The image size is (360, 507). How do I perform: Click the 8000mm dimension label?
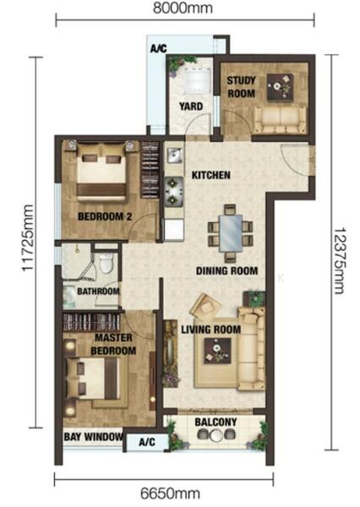183,8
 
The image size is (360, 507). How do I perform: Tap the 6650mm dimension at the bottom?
170,493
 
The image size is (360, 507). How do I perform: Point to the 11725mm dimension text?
27,237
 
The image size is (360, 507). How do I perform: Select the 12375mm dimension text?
340,260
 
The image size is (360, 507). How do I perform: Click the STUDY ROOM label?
241,87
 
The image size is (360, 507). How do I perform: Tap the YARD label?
191,106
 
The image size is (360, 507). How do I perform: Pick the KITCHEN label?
211,175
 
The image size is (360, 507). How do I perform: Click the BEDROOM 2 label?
105,216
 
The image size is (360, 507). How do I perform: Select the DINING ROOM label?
226,270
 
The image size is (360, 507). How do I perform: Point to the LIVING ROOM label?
211,330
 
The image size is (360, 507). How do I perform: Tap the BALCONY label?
215,422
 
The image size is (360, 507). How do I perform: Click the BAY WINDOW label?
94,437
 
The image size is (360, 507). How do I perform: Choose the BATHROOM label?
98,292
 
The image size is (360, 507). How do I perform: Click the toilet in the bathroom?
106,263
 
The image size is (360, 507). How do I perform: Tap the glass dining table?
231,233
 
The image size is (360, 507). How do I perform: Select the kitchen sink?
175,155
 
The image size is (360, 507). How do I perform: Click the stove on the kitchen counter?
174,191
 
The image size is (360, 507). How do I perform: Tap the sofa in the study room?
280,120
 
